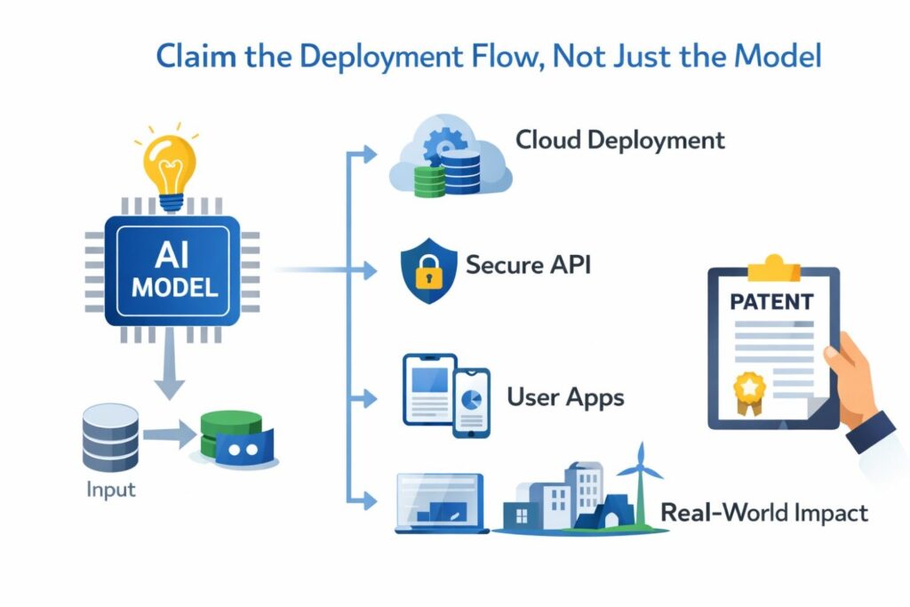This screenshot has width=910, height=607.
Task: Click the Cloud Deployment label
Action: point(620,140)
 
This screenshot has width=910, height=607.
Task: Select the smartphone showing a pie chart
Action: point(472,403)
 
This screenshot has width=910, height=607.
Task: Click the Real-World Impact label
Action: point(763,513)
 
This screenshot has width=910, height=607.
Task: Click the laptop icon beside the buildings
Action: point(440,503)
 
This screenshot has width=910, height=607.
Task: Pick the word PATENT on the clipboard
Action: point(770,301)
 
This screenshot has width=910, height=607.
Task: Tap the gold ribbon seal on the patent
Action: point(748,391)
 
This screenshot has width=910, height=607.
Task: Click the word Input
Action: point(111,490)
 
